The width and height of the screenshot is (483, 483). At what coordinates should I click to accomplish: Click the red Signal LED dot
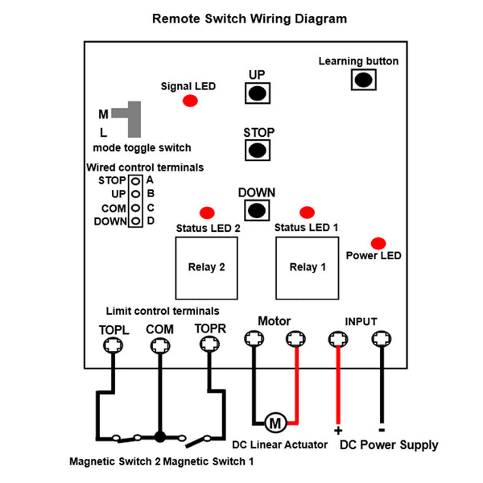click(x=190, y=101)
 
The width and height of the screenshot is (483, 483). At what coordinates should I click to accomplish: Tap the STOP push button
click(x=258, y=151)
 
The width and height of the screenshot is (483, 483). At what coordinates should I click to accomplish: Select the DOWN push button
click(x=257, y=210)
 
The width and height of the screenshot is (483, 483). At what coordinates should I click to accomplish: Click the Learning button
click(x=364, y=80)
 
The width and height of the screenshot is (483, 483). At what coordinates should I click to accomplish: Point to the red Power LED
click(x=378, y=243)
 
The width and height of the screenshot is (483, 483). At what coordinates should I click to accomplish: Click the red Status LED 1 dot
click(x=307, y=213)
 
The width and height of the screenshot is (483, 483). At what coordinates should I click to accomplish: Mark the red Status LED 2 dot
click(x=207, y=213)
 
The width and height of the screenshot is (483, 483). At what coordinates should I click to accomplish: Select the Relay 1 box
click(x=308, y=268)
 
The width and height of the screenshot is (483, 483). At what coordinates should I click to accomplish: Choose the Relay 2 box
click(x=206, y=268)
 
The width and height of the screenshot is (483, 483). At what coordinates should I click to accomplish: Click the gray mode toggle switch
click(x=134, y=119)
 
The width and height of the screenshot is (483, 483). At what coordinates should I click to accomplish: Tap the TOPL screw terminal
click(x=113, y=345)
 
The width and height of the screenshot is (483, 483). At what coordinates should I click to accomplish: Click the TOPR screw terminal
click(x=209, y=344)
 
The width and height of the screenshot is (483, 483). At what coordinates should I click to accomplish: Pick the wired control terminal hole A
click(x=135, y=181)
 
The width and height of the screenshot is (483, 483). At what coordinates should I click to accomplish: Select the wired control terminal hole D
click(x=135, y=221)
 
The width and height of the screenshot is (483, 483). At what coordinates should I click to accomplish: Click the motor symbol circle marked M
click(x=275, y=423)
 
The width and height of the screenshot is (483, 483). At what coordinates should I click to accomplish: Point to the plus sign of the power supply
click(x=338, y=431)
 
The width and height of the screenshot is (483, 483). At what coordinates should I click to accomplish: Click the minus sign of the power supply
click(x=382, y=430)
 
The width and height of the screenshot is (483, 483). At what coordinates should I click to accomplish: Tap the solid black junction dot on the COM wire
click(x=160, y=437)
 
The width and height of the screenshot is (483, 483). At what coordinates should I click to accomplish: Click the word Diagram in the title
click(x=321, y=19)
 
